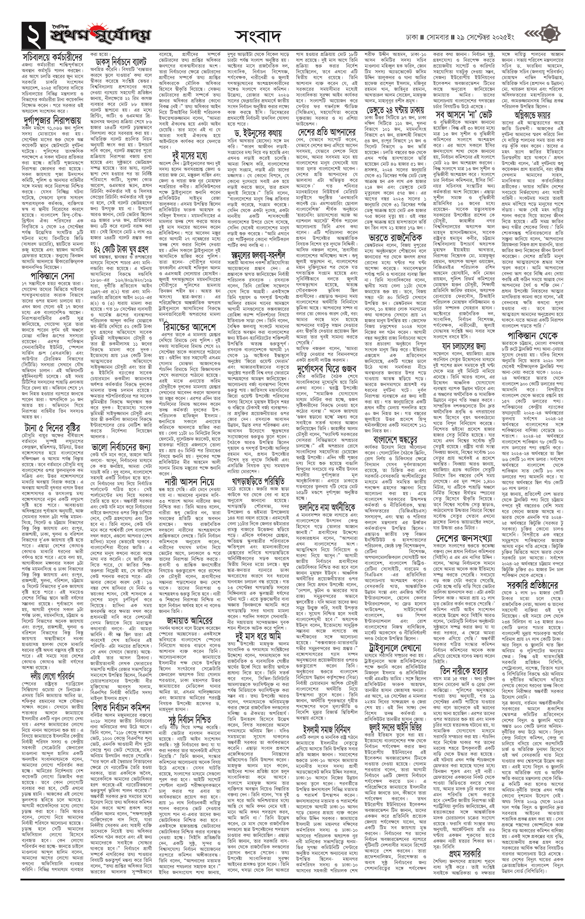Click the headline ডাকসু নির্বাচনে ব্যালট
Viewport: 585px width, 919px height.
click(121, 62)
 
